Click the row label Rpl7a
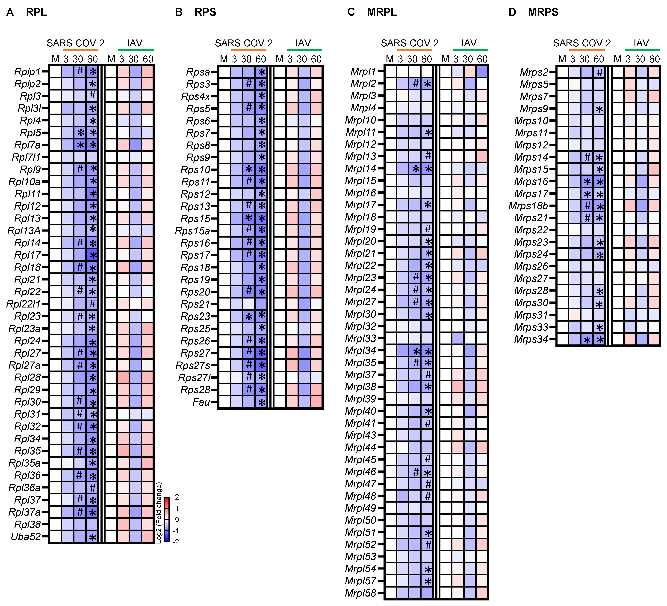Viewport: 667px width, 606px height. [27, 145]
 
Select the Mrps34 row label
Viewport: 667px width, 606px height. [531, 339]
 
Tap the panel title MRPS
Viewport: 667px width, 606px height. [543, 12]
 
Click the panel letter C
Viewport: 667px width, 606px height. [351, 12]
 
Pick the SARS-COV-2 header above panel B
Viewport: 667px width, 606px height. [244, 43]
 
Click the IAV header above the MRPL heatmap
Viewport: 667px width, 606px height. [469, 43]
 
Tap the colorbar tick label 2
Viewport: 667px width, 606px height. [177, 497]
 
